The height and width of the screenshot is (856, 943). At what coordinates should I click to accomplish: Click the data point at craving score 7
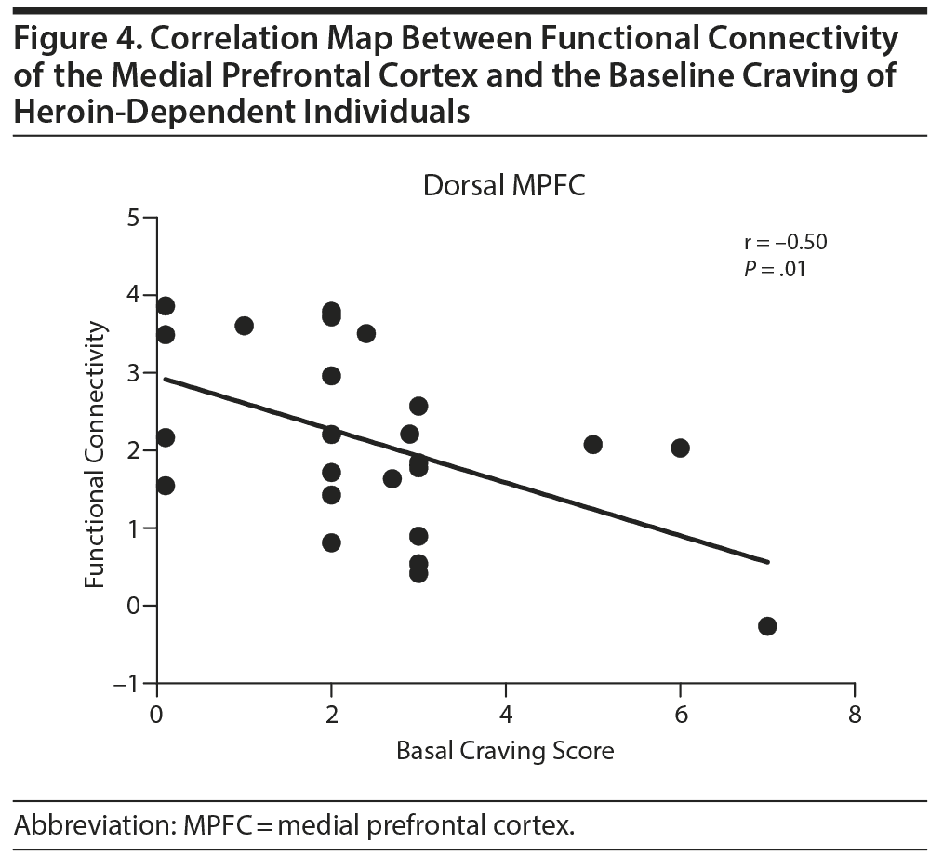click(x=767, y=625)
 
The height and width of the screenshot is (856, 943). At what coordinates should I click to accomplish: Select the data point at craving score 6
click(x=680, y=448)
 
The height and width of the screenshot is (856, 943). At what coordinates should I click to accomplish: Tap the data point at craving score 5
click(x=592, y=444)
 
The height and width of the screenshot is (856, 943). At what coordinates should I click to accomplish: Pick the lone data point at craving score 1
click(x=245, y=326)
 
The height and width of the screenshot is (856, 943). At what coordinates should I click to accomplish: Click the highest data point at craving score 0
click(x=166, y=306)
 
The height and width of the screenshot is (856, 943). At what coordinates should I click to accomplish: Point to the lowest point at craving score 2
click(x=331, y=542)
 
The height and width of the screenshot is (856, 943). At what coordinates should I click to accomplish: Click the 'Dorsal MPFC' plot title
click(x=504, y=185)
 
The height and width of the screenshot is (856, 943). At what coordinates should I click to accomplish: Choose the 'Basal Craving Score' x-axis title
click(x=506, y=750)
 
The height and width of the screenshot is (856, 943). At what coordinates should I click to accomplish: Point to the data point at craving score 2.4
click(x=366, y=333)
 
